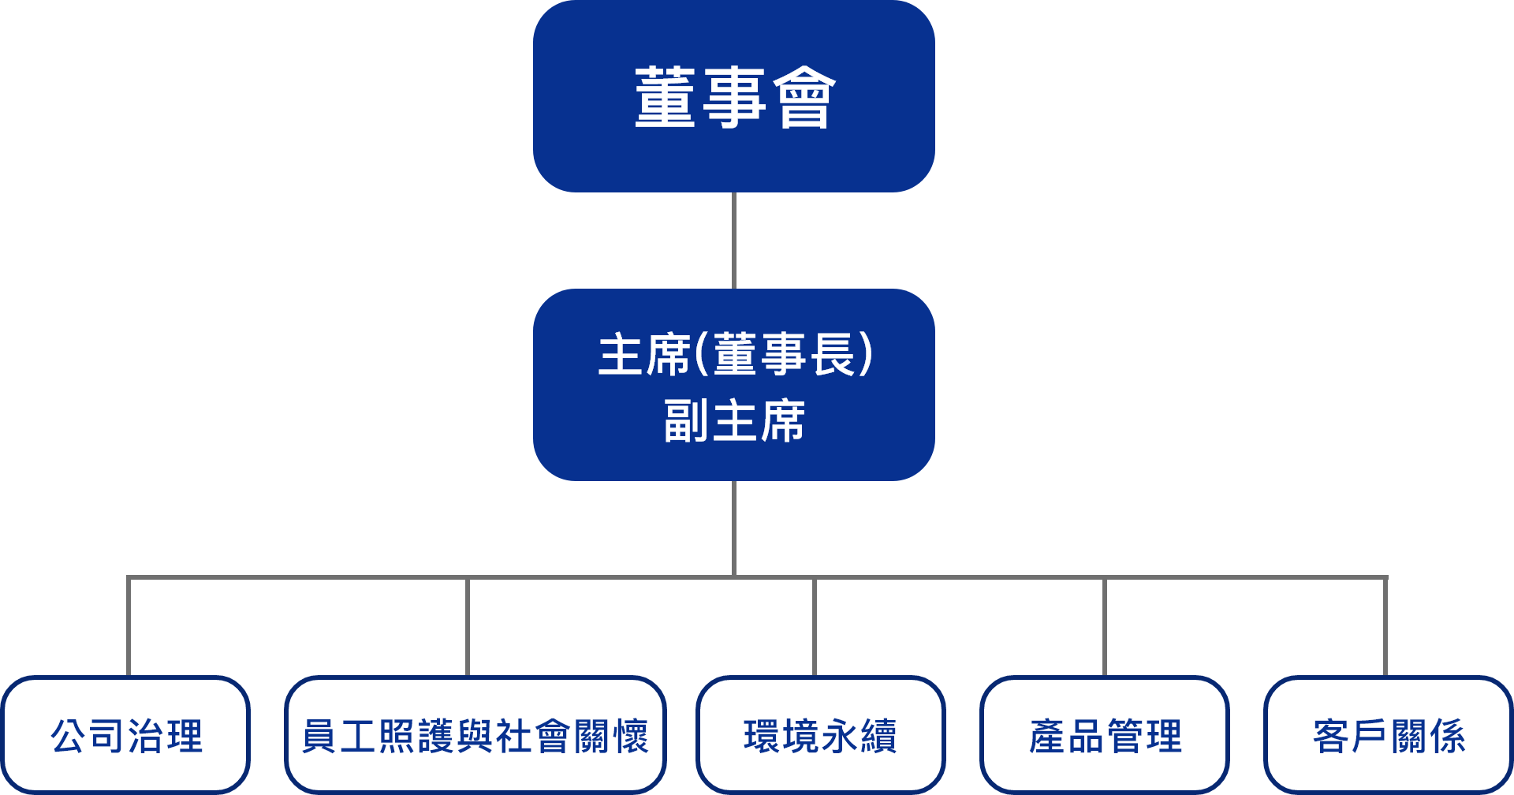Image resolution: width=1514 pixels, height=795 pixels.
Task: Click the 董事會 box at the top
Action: (x=734, y=96)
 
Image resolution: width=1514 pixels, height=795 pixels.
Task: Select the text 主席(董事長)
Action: (x=736, y=355)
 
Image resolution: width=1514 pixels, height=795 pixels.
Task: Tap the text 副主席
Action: (x=734, y=421)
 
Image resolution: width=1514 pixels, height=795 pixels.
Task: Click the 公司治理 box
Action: (x=126, y=735)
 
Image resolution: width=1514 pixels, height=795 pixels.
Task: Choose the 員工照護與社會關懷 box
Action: (x=475, y=735)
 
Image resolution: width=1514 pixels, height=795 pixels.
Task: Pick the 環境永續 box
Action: (x=821, y=735)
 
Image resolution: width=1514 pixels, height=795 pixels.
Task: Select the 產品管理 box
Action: (x=1105, y=735)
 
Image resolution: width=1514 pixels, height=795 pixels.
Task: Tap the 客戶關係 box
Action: (x=1389, y=735)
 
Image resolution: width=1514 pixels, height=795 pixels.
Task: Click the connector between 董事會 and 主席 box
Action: (x=734, y=241)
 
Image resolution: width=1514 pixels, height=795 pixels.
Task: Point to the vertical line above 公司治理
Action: (x=129, y=626)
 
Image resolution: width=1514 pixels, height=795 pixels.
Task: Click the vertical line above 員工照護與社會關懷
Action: (x=468, y=626)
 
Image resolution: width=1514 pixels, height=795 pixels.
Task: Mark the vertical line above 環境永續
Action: (x=815, y=626)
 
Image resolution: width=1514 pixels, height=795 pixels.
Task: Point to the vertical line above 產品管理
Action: (x=1105, y=626)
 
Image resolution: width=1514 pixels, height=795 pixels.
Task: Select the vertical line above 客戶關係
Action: (x=1385, y=626)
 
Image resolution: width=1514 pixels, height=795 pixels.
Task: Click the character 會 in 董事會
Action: (x=804, y=97)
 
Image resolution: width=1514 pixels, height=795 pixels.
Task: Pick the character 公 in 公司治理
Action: (x=69, y=736)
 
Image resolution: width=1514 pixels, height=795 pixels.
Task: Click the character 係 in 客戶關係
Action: (x=1447, y=736)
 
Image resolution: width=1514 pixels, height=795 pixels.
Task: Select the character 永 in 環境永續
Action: (x=840, y=736)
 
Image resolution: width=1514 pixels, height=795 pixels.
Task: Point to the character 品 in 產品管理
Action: (x=1086, y=736)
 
